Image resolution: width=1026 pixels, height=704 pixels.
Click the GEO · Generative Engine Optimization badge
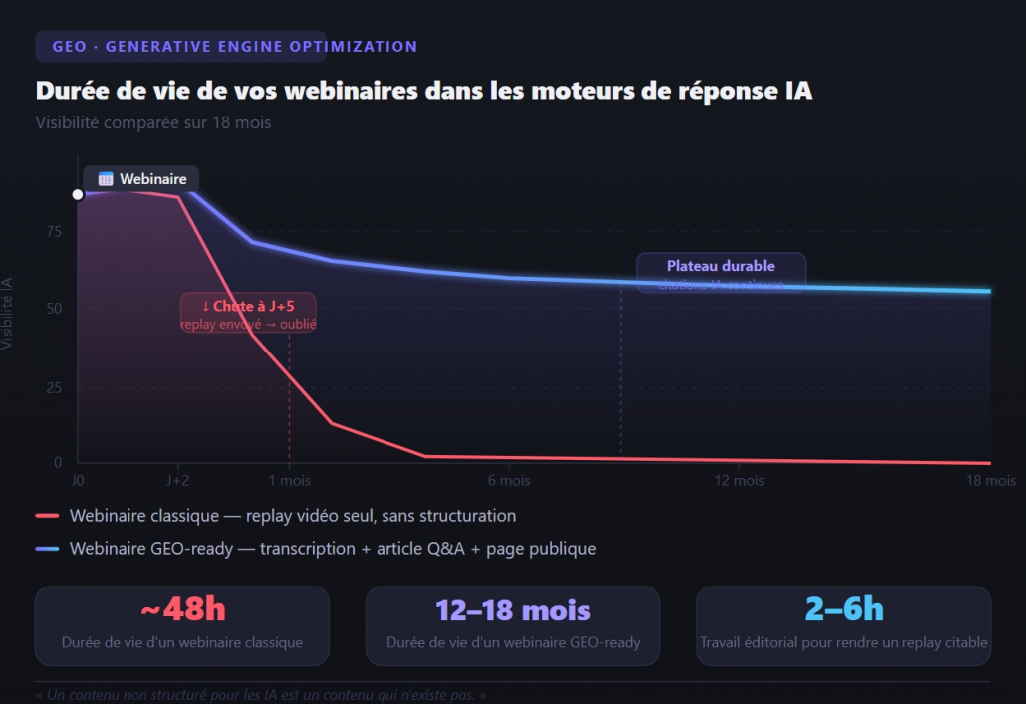tap(180, 47)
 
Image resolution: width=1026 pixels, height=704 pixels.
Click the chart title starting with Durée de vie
tap(423, 91)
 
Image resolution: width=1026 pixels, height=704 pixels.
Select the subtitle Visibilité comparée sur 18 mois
tap(153, 123)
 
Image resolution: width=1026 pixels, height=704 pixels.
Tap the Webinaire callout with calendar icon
tap(141, 179)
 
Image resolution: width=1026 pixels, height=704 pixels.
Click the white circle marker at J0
tap(78, 194)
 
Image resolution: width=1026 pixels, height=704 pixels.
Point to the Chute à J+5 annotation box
tap(248, 312)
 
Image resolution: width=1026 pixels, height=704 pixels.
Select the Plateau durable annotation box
tap(720, 272)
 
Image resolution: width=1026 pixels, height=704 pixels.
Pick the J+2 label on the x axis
tap(178, 481)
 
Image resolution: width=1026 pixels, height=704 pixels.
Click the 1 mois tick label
tap(289, 481)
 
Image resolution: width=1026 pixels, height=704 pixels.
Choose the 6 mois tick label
tap(509, 481)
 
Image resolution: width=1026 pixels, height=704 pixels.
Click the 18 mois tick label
tap(992, 481)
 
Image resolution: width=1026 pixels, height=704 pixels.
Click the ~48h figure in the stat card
tap(182, 609)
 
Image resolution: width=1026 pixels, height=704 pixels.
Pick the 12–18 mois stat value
tap(513, 609)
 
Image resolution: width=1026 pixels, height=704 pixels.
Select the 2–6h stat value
tap(843, 609)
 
